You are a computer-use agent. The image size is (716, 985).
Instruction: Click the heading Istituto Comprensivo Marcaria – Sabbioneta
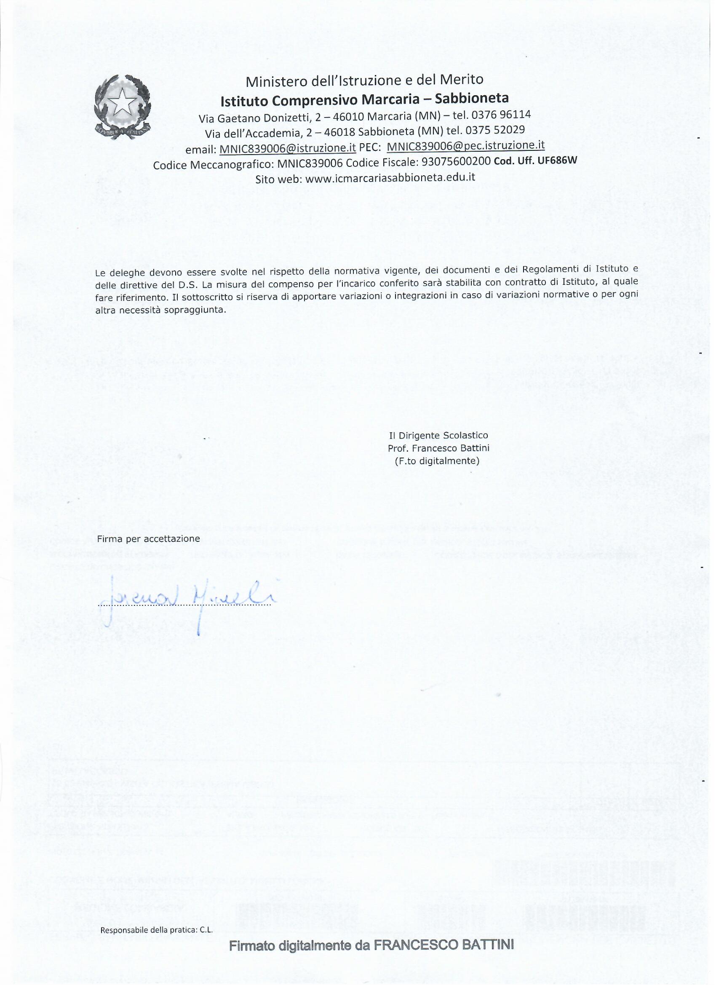click(x=364, y=99)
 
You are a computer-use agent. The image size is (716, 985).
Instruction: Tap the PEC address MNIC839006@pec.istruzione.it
click(x=465, y=145)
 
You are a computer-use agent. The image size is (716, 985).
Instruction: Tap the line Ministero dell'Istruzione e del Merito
click(x=364, y=80)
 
